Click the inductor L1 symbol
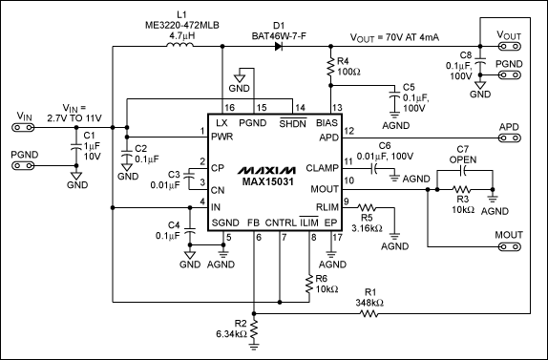point(179,44)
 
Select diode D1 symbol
point(278,45)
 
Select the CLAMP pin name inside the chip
point(319,166)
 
